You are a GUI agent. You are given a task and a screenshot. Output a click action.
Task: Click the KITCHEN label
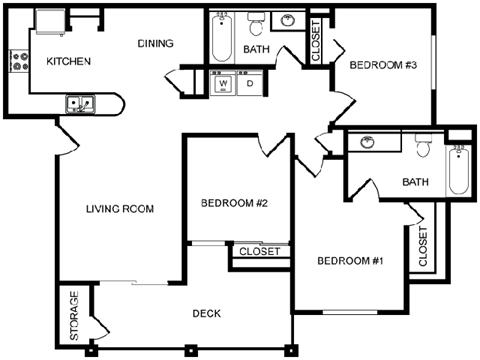click(x=69, y=62)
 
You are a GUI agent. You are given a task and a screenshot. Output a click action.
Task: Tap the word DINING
click(x=156, y=43)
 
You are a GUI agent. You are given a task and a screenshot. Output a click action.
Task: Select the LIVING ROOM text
click(x=119, y=209)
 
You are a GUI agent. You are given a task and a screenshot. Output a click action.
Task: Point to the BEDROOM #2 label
click(x=232, y=203)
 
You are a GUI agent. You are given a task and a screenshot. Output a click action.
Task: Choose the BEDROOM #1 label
click(x=350, y=262)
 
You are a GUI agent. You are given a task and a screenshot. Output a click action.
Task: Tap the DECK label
click(x=206, y=314)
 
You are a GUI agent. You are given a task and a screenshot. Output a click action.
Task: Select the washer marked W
click(x=223, y=83)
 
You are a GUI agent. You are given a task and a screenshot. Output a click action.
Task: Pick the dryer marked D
click(x=249, y=83)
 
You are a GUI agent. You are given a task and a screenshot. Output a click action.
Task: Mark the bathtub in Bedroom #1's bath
click(x=457, y=171)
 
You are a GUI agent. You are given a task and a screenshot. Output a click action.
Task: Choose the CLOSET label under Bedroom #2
click(x=259, y=251)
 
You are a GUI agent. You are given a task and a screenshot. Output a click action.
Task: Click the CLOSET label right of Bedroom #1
click(x=422, y=245)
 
